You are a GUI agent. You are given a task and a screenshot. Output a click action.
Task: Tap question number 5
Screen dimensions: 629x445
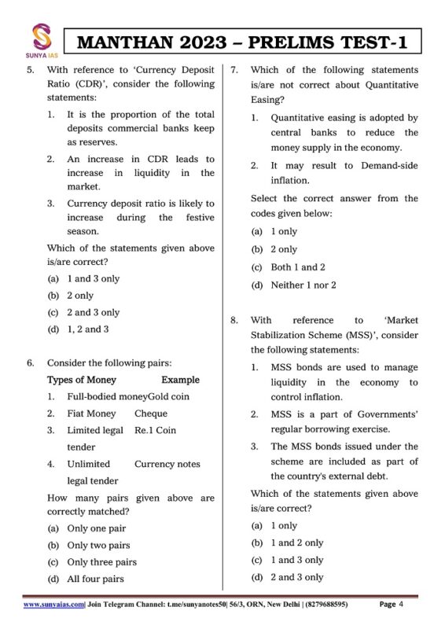30,71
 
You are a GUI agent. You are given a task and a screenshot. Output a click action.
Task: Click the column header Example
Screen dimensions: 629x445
181,380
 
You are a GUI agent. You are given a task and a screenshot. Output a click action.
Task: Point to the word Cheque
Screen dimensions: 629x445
151,414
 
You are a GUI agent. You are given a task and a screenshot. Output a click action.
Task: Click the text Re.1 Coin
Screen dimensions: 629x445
156,431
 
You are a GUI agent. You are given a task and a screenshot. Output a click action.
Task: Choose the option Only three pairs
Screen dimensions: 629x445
91,562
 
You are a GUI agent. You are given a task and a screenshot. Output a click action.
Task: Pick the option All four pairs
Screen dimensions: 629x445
86,579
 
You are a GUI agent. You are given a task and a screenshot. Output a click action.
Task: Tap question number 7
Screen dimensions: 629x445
234,71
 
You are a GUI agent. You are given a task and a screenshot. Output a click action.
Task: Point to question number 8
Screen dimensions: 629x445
234,320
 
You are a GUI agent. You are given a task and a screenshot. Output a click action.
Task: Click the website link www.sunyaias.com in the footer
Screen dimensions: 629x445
54,605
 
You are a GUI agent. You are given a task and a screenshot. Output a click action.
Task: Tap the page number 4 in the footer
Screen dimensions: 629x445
402,605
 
